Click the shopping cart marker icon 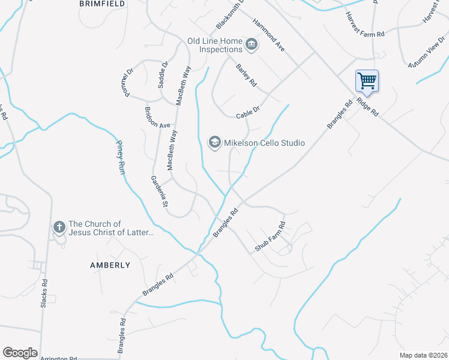(x=367, y=80)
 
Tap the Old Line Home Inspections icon (x=252, y=44)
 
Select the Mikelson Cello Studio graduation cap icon (x=214, y=142)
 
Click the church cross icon (x=59, y=227)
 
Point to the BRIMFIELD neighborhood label (x=102, y=4)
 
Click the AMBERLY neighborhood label (x=110, y=265)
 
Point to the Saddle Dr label (x=163, y=74)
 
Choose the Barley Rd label (x=246, y=74)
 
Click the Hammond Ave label (x=268, y=34)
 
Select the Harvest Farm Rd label (x=364, y=26)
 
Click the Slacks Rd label (x=44, y=294)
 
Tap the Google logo (x=20, y=353)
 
